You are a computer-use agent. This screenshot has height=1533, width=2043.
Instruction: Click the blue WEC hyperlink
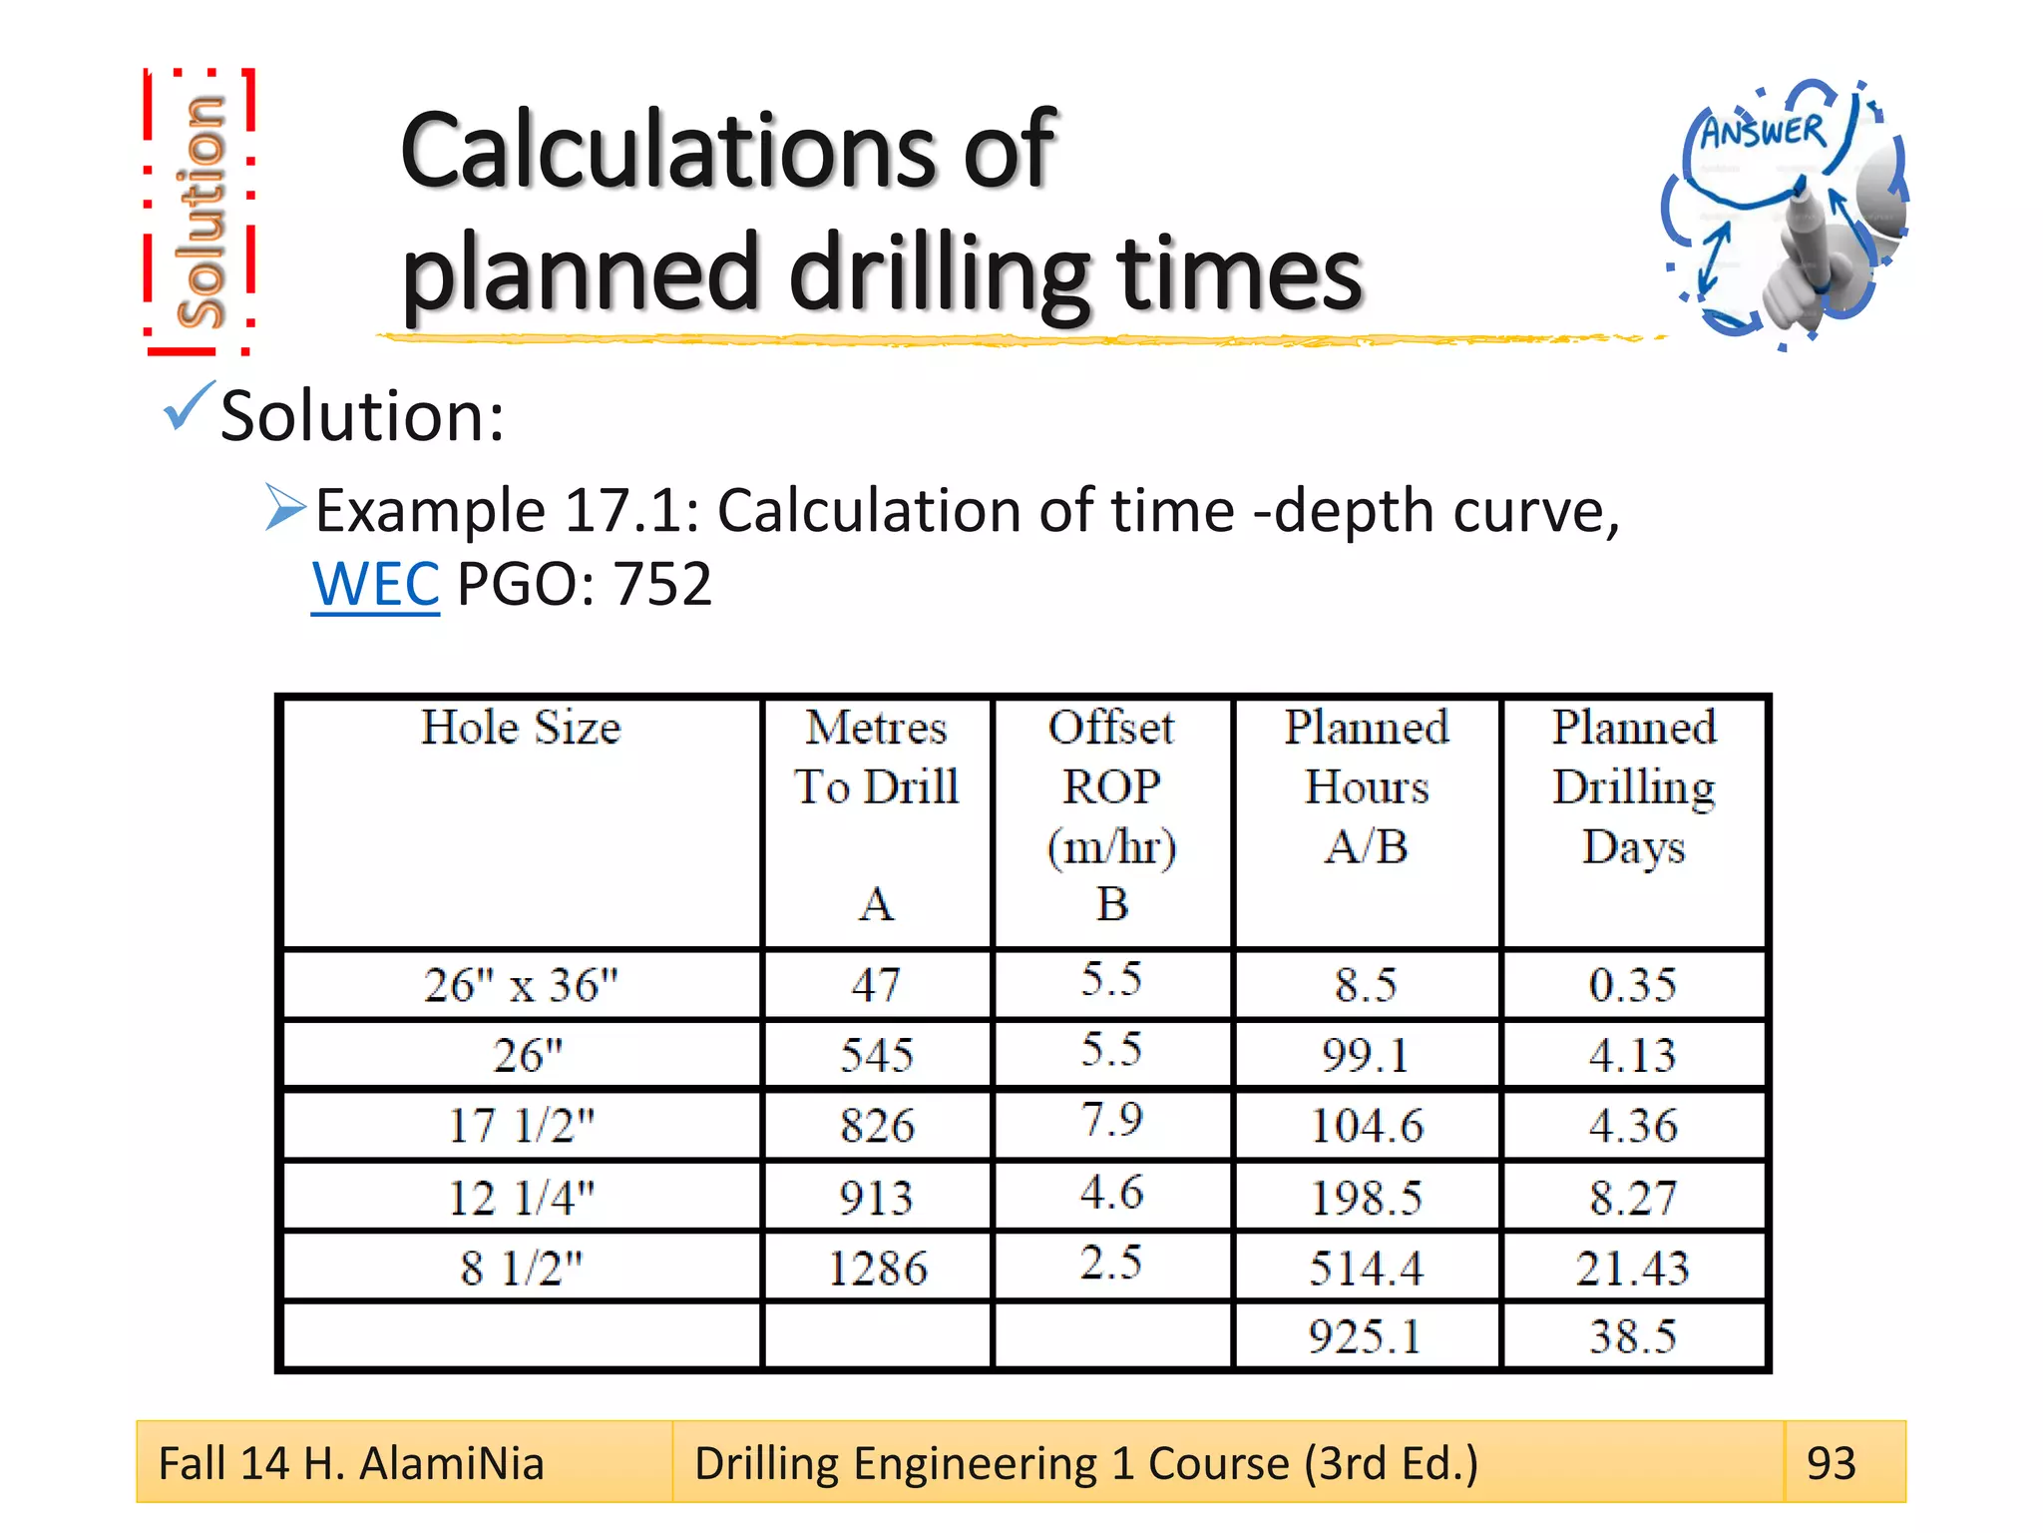375,584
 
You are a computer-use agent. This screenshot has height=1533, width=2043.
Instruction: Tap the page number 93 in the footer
1831,1463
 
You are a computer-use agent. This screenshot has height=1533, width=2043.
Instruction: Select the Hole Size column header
521,728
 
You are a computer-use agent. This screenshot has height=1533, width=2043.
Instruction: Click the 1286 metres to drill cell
877,1269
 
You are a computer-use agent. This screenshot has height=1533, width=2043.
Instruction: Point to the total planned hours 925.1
1365,1336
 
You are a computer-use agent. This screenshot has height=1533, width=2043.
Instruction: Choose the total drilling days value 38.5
1632,1336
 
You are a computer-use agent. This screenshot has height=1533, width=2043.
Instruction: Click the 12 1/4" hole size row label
521,1198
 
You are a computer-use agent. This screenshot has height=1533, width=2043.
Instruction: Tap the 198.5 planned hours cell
1366,1198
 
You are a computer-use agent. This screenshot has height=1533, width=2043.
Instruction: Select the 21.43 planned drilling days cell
1632,1269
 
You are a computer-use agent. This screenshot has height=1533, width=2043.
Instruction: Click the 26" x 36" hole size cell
521,985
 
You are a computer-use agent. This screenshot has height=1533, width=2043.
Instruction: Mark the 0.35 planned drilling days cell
1632,985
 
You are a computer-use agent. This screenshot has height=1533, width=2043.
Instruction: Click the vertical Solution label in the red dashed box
200,212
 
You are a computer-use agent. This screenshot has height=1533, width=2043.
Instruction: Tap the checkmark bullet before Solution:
188,407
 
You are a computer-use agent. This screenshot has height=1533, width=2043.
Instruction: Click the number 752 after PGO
662,584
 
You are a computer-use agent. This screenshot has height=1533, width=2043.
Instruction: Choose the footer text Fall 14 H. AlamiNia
351,1463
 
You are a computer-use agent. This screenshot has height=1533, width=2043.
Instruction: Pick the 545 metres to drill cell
877,1055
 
